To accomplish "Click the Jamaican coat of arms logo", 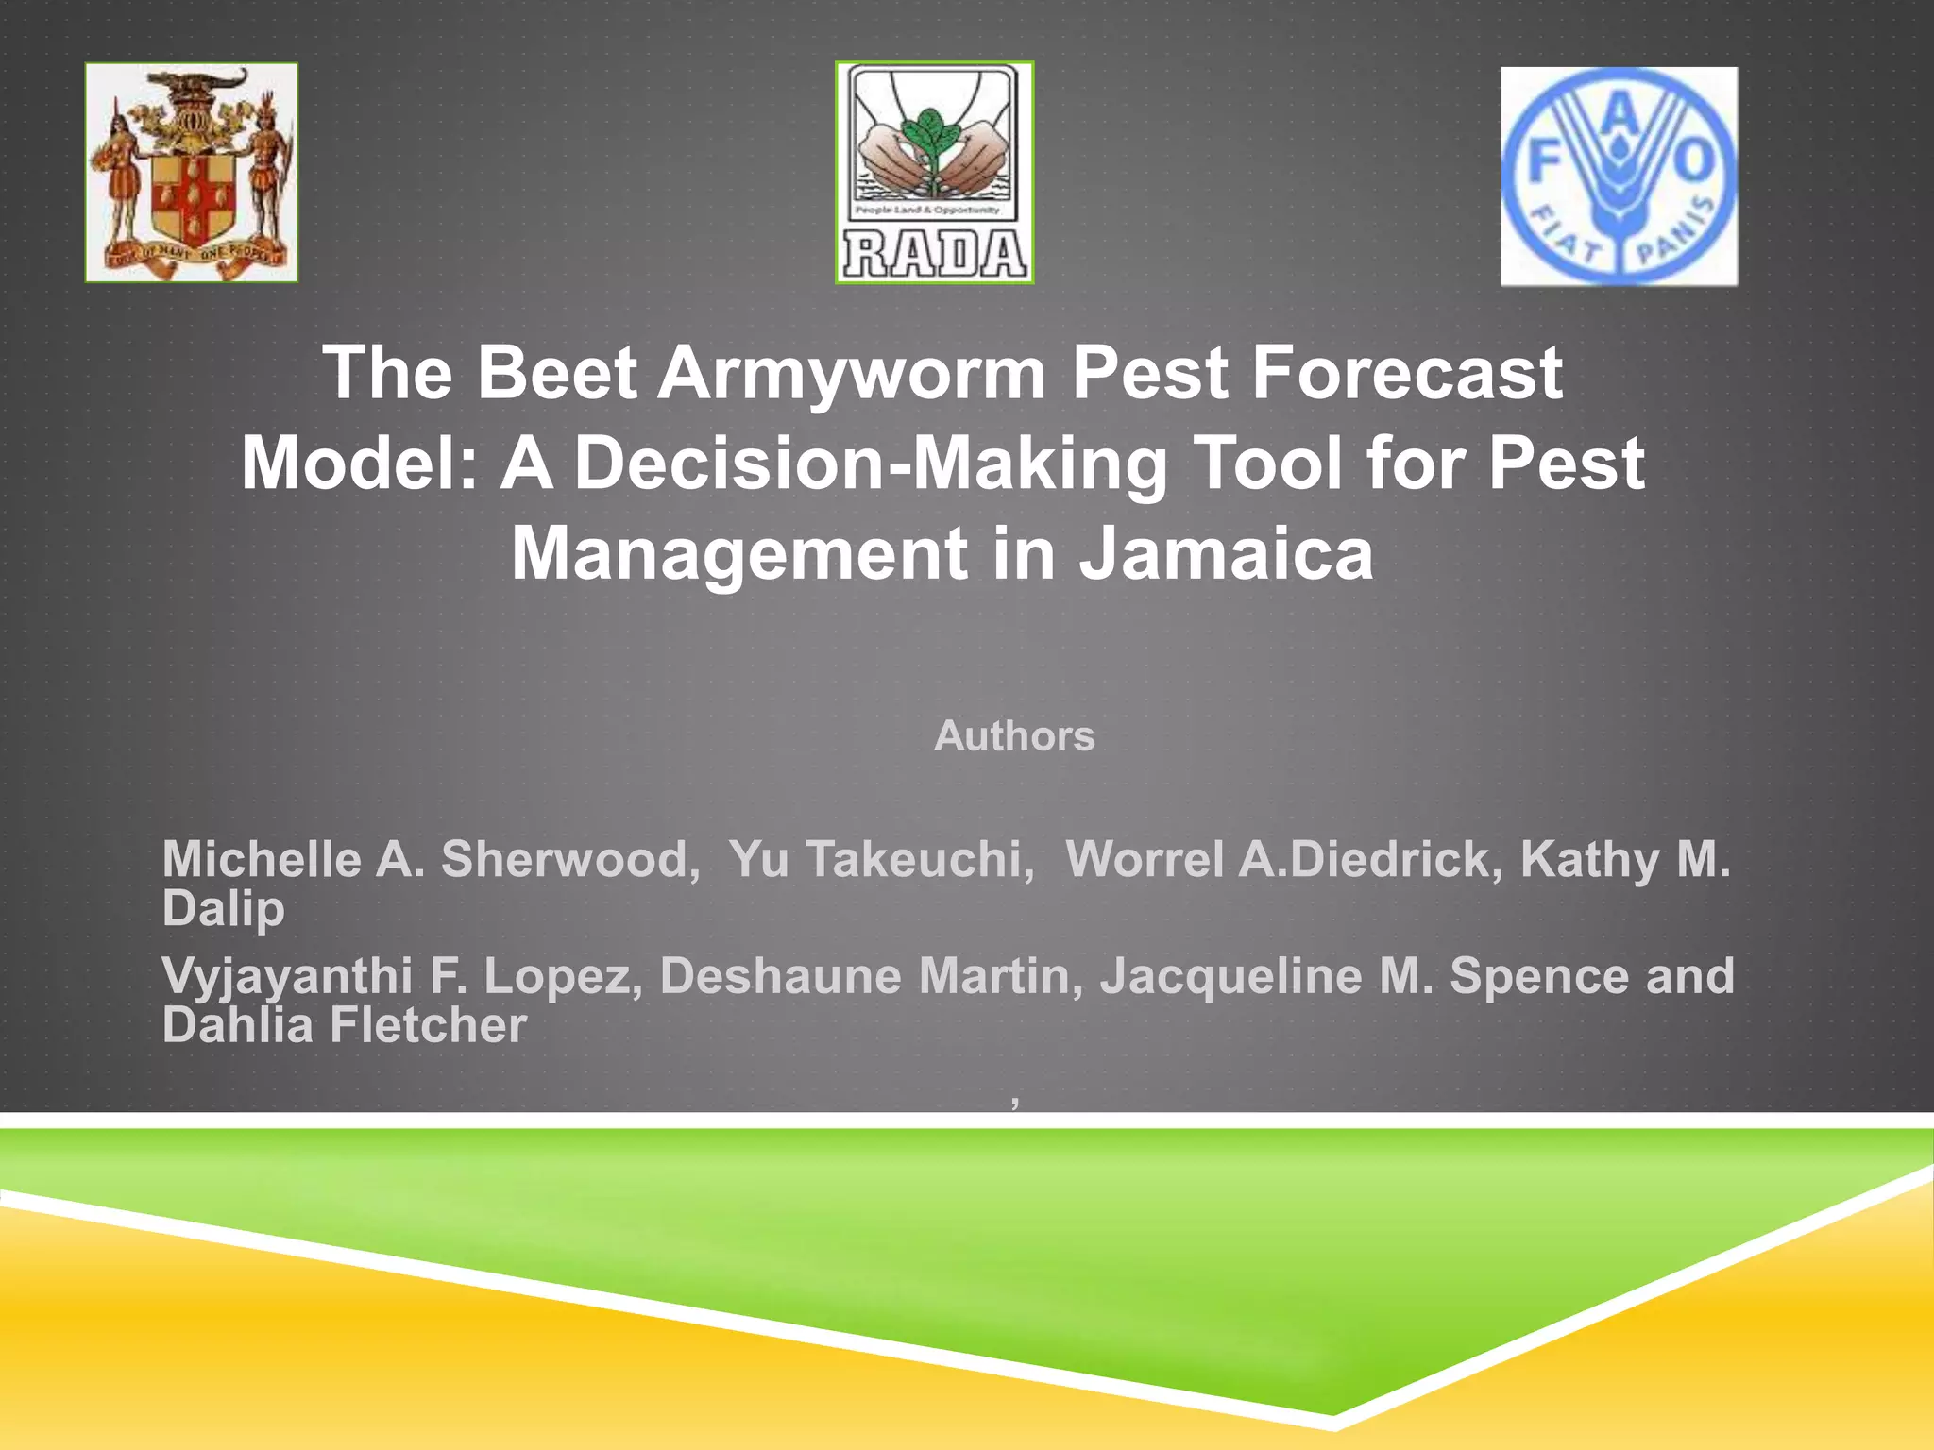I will pyautogui.click(x=192, y=173).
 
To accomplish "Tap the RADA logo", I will pyautogui.click(x=934, y=173).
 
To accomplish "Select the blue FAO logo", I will pyautogui.click(x=1619, y=177).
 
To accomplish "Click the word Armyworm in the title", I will pyautogui.click(x=852, y=373).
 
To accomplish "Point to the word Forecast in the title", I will pyautogui.click(x=1407, y=373).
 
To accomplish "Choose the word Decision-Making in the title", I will pyautogui.click(x=871, y=464).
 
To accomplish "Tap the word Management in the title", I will pyautogui.click(x=738, y=554).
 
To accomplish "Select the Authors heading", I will pyautogui.click(x=1014, y=736).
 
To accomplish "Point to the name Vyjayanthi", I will pyautogui.click(x=287, y=976).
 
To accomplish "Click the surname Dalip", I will pyautogui.click(x=223, y=908).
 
